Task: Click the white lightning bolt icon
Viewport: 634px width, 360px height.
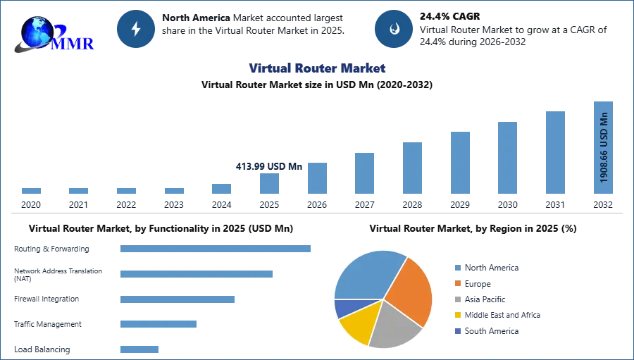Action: [x=137, y=29]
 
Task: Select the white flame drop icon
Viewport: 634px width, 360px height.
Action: [x=394, y=29]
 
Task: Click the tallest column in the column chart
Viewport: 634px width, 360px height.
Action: [x=602, y=149]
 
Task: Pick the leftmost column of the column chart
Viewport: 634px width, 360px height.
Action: [x=31, y=192]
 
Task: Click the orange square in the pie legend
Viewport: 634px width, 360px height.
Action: [x=457, y=283]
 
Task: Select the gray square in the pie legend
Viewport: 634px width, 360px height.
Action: [x=457, y=299]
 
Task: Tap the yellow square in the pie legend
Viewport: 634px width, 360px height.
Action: [x=457, y=316]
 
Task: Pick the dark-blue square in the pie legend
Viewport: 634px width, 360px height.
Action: [x=457, y=332]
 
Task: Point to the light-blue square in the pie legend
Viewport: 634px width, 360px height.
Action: [x=457, y=268]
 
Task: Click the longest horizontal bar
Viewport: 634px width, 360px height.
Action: [x=216, y=248]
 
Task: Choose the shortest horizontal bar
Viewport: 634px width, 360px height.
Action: [x=140, y=349]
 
